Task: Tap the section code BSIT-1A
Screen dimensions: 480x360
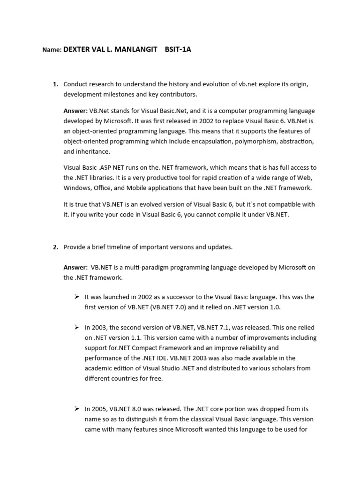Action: pos(178,49)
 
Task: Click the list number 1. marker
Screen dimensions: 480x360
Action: pos(55,84)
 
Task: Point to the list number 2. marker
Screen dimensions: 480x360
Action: pos(55,247)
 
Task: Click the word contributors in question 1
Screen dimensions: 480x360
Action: pos(174,94)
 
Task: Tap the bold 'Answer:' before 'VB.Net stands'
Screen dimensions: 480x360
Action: pos(75,111)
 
